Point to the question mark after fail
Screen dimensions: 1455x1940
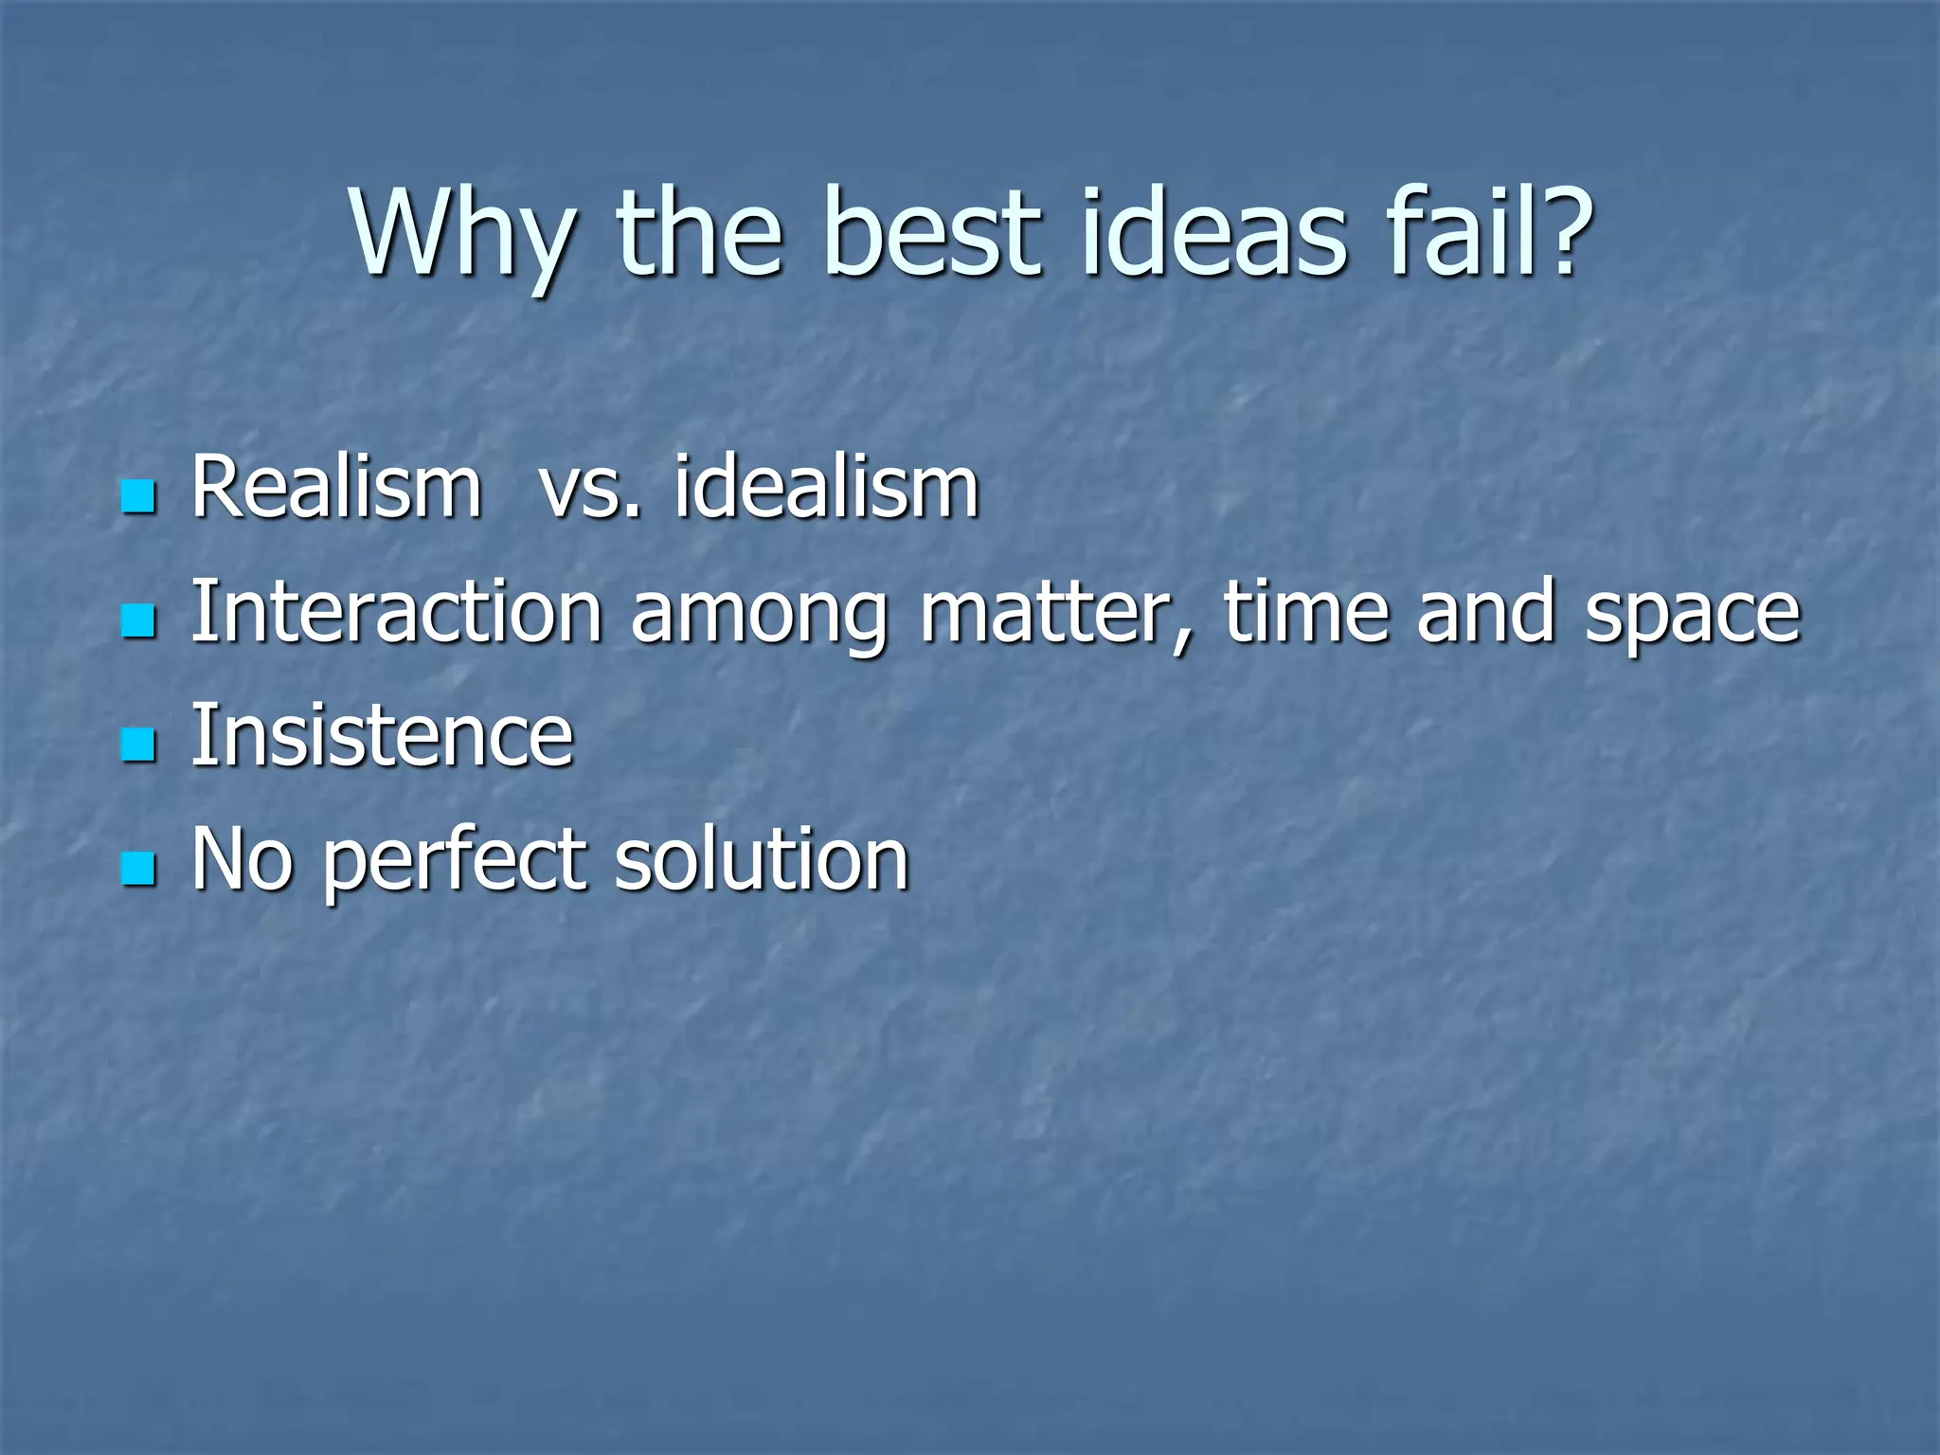[x=1554, y=232]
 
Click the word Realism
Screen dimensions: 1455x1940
[x=336, y=488]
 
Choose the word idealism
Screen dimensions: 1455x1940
[x=826, y=488]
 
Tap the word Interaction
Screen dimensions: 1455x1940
[x=396, y=612]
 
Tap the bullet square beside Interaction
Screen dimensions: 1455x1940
[x=139, y=621]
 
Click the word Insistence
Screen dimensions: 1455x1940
[x=382, y=736]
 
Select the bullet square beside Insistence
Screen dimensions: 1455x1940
[x=139, y=745]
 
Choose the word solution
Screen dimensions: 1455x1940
[x=762, y=860]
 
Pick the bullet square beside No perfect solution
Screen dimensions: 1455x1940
[x=139, y=869]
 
